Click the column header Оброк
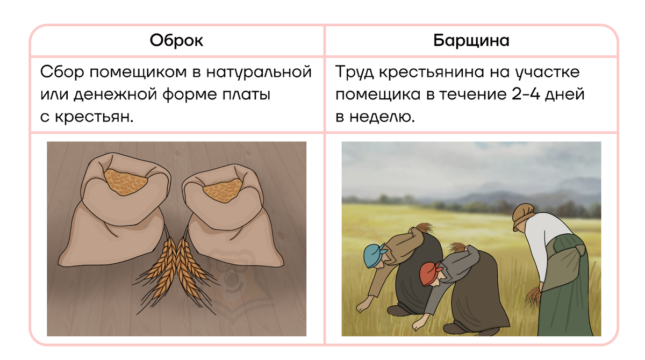click(176, 41)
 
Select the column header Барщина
click(471, 41)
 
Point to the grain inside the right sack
click(221, 190)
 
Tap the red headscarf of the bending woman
click(428, 273)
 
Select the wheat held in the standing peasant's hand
click(533, 294)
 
